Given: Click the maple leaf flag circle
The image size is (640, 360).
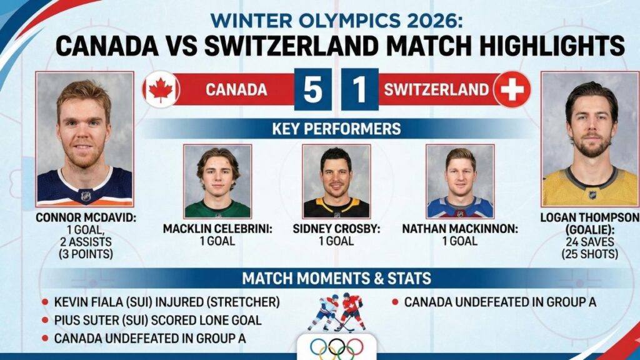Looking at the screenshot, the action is (161, 89).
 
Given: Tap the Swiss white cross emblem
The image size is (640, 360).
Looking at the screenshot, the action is (512, 89).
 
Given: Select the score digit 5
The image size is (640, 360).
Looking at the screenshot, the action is (312, 90).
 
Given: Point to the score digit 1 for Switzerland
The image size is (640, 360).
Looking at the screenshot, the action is (359, 90).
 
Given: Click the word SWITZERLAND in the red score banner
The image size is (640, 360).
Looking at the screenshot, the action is (436, 90).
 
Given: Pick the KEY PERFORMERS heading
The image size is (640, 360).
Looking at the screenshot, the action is (336, 129).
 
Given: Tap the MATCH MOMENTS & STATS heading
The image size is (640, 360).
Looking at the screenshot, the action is (336, 278).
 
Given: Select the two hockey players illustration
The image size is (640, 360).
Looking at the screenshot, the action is (337, 312).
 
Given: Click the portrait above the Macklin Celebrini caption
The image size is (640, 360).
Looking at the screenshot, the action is (217, 181).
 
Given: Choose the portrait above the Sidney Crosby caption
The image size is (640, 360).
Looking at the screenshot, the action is (336, 181).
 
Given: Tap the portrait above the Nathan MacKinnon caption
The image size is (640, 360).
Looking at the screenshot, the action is (460, 181).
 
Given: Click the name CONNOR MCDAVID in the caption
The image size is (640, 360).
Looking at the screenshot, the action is (84, 217).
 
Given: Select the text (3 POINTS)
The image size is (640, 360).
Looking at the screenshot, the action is (86, 254).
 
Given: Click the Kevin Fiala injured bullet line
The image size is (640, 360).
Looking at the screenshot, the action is (166, 302).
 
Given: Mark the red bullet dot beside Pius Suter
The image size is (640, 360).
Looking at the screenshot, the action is (45, 321).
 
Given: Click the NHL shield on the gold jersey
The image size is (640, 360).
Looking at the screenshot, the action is (592, 194).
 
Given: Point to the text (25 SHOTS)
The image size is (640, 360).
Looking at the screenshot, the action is (589, 254).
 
